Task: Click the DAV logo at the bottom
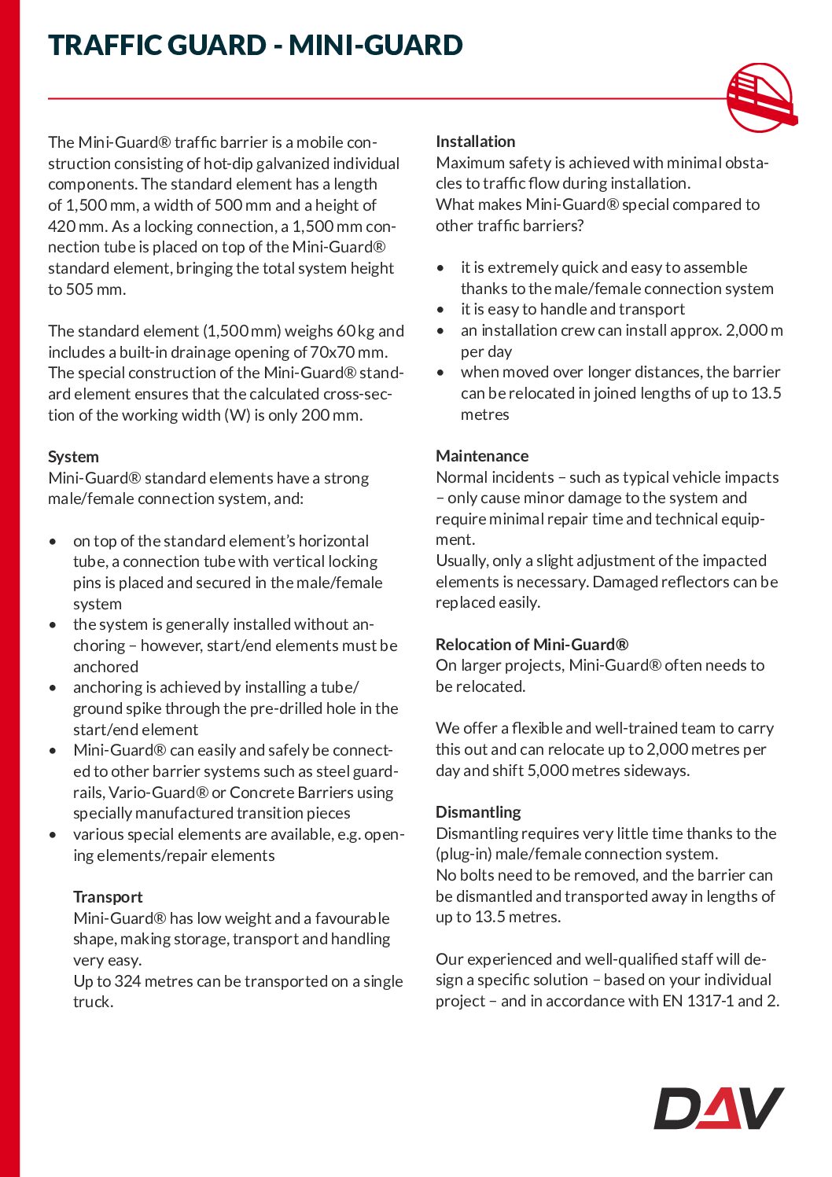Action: [x=719, y=1109]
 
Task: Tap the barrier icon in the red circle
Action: [x=760, y=98]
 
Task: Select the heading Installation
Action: [x=476, y=142]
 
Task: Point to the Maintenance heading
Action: [x=482, y=456]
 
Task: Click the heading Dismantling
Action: [x=478, y=812]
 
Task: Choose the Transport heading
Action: [x=108, y=897]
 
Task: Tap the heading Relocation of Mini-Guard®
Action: [x=532, y=645]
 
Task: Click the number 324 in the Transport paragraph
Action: [x=127, y=981]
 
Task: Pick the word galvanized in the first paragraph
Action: [x=282, y=164]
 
